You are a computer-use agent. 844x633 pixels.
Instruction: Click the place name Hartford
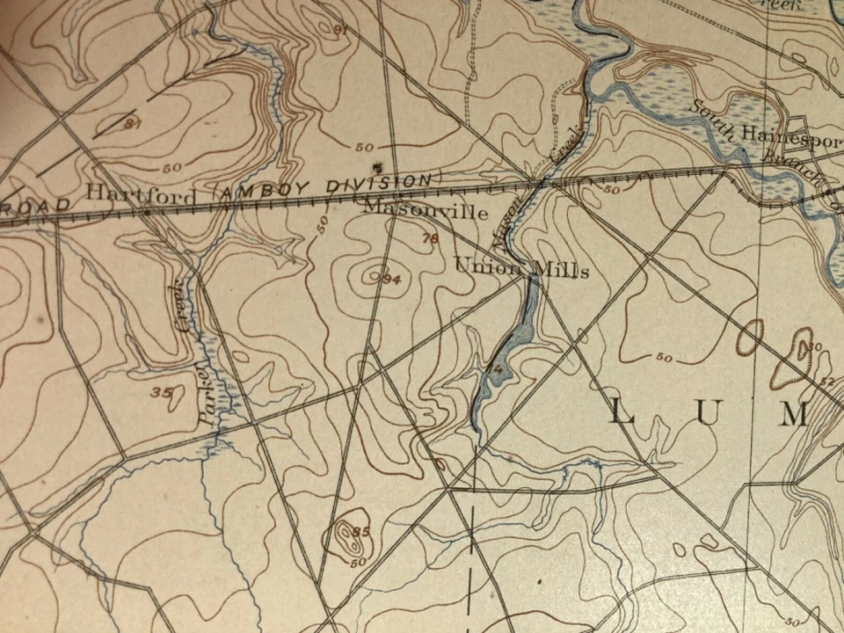coord(142,194)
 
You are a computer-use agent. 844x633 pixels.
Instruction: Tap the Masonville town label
coord(426,212)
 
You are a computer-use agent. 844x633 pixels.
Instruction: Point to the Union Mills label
coord(520,267)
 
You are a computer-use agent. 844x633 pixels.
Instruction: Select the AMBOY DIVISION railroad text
coord(324,187)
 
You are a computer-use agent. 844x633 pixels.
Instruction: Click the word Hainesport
coord(790,135)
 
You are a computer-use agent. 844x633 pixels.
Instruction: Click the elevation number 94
coord(391,279)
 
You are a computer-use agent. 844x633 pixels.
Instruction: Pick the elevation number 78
coord(429,238)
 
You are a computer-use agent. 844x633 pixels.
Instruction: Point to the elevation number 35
coord(162,392)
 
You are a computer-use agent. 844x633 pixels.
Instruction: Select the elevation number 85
coord(360,531)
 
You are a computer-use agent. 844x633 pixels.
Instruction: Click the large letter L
coord(620,412)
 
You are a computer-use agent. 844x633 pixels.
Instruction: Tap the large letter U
coord(707,413)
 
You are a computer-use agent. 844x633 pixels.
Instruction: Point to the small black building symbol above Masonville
coord(378,166)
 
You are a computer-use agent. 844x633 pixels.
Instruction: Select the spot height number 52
coord(827,382)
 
